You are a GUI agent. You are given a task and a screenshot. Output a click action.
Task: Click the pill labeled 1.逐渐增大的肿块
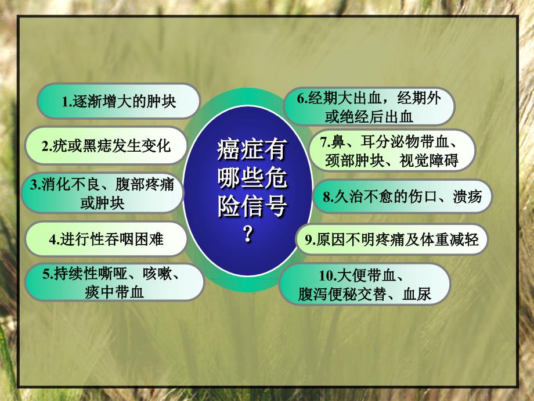(x=118, y=101)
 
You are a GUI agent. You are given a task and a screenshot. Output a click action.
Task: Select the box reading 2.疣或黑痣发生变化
(x=106, y=146)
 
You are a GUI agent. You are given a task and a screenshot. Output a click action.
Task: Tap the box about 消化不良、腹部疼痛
(x=102, y=193)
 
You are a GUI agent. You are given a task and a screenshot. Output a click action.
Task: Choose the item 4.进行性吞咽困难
(x=106, y=239)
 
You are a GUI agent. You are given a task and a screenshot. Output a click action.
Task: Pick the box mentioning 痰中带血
(x=115, y=282)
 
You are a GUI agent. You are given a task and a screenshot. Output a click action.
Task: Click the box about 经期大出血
(x=369, y=107)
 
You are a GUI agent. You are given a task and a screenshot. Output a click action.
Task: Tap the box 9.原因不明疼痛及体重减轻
(x=392, y=239)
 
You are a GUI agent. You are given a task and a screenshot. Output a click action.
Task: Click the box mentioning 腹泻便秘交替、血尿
(x=365, y=284)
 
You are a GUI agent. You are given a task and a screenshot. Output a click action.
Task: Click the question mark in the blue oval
(x=248, y=234)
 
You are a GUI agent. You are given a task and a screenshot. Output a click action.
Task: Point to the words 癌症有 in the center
(x=252, y=149)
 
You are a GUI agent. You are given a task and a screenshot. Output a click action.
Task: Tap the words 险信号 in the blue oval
(x=252, y=206)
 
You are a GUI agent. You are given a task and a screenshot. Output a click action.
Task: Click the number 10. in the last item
(x=327, y=275)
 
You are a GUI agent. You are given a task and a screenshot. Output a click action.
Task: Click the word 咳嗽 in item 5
(x=157, y=274)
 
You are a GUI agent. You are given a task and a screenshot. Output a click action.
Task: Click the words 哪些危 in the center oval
(x=252, y=177)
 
